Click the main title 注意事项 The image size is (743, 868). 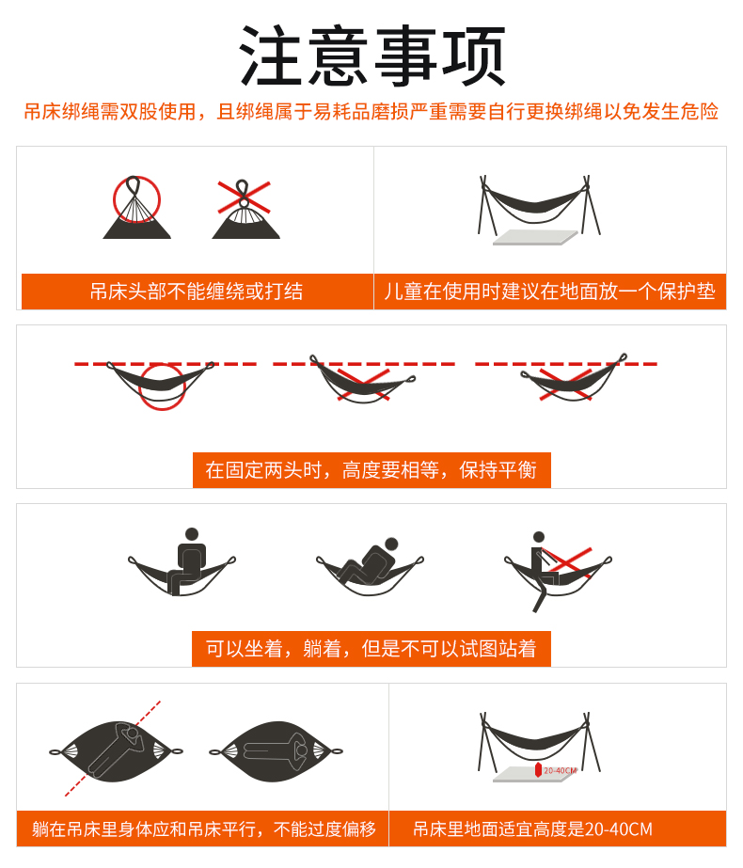(x=372, y=55)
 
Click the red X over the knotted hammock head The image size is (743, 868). (x=244, y=197)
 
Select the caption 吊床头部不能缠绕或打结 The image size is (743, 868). (x=197, y=292)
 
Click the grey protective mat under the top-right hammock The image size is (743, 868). (x=535, y=237)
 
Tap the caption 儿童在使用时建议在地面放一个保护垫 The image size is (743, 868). (x=550, y=292)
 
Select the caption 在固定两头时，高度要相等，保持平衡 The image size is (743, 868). (x=371, y=470)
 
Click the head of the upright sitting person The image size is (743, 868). (x=192, y=534)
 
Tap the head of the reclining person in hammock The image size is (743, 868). (x=391, y=544)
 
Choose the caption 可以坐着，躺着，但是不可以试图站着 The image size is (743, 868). (x=371, y=648)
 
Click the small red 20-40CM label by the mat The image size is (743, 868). (x=560, y=770)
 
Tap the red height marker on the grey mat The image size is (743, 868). (x=538, y=770)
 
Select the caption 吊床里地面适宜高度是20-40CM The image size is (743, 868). (x=532, y=829)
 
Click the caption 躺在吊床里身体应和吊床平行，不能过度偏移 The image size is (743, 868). (x=204, y=829)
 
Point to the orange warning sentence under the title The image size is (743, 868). (x=371, y=111)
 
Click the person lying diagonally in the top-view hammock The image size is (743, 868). (x=117, y=750)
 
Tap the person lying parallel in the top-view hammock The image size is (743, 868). (x=276, y=751)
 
